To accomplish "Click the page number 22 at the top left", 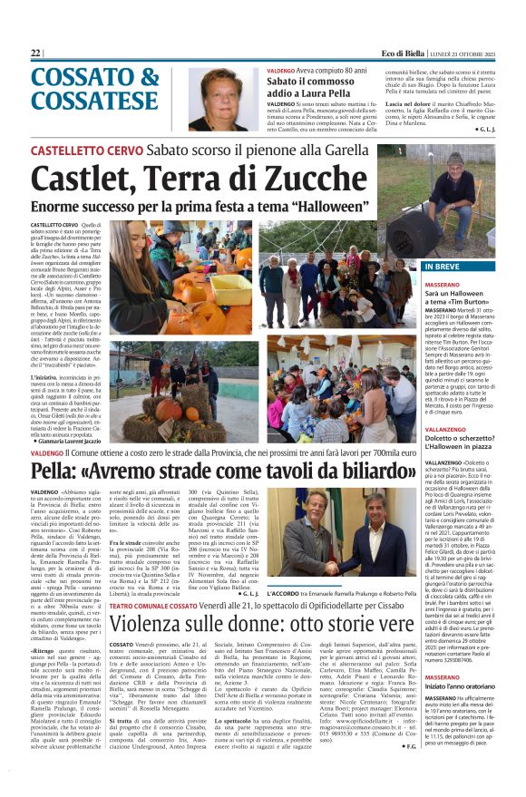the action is (x=36, y=54).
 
